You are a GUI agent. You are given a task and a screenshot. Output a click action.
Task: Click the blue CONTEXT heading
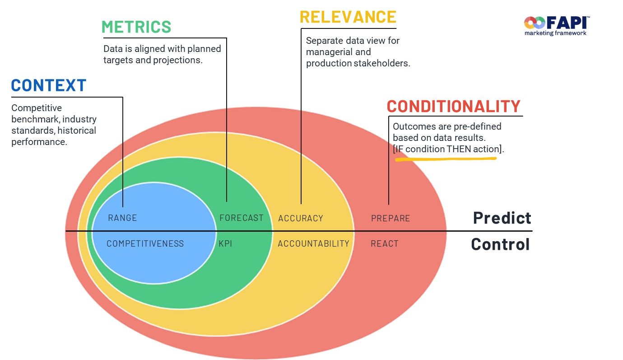[x=49, y=85]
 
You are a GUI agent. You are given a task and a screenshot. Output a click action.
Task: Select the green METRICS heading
[x=136, y=27]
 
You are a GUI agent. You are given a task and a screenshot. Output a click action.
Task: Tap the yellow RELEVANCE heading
[x=348, y=17]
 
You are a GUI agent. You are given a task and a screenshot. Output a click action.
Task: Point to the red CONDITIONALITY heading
[x=454, y=107]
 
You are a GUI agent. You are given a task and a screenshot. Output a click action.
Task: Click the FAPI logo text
[x=567, y=23]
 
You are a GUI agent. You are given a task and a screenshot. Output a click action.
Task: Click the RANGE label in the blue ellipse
[x=122, y=218]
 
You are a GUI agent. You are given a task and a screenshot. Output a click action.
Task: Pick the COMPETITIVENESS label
[x=145, y=243]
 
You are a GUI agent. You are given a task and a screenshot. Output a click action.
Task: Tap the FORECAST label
[x=242, y=218]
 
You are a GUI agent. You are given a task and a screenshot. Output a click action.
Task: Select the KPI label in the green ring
[x=225, y=243]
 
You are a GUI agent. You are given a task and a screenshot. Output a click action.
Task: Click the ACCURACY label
[x=301, y=219]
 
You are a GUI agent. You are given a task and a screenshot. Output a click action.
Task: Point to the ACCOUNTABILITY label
[x=313, y=244]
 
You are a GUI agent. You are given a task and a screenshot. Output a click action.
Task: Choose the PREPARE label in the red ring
[x=391, y=219]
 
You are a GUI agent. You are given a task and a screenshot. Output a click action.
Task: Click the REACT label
[x=385, y=244]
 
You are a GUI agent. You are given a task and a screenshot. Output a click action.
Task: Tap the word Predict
[x=502, y=218]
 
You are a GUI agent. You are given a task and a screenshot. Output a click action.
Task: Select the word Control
[x=500, y=244]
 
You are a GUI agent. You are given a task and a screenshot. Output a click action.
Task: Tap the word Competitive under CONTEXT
[x=37, y=108]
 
